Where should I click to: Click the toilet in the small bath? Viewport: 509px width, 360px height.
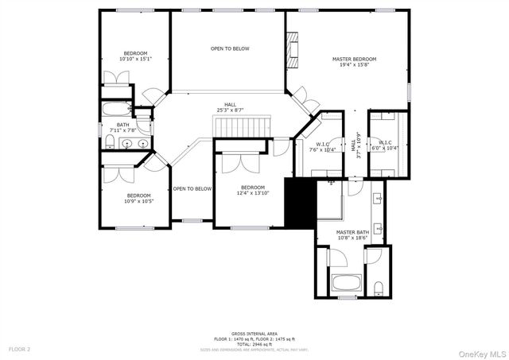[109, 142]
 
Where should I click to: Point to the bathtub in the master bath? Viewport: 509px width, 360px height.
[346, 282]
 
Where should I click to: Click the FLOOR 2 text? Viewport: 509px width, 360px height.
[20, 349]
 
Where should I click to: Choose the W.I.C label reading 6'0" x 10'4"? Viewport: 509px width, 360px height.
[388, 146]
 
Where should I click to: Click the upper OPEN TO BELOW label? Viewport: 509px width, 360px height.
[230, 48]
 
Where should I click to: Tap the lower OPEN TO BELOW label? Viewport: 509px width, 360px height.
[192, 188]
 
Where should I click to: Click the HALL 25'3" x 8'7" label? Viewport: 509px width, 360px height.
[230, 107]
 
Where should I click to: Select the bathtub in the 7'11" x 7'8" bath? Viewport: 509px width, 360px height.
[115, 110]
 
